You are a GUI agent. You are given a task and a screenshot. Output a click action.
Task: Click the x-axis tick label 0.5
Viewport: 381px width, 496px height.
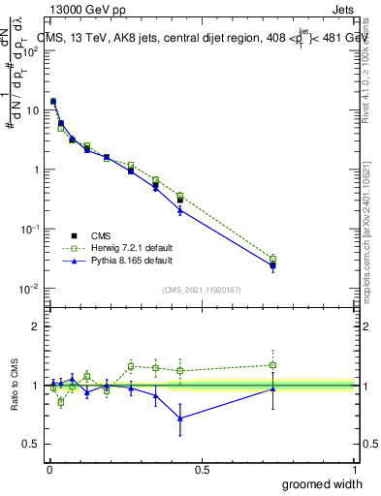(202, 469)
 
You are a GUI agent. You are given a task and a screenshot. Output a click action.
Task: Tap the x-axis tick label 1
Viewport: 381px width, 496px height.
(354, 469)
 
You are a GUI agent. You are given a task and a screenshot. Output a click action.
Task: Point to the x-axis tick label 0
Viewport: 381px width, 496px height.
(49, 469)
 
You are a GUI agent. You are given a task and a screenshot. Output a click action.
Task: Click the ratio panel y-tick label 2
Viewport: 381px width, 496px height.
(36, 326)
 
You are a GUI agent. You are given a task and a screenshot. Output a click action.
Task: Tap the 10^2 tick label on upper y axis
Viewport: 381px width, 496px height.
(31, 50)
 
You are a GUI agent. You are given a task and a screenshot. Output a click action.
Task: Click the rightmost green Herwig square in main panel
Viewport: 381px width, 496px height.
(273, 259)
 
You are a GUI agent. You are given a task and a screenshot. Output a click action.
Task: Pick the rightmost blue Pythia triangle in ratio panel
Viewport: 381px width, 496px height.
(273, 388)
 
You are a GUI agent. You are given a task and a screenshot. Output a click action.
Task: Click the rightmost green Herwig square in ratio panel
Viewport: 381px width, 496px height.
(273, 365)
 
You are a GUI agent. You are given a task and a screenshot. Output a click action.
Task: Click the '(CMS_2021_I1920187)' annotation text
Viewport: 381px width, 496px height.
(201, 288)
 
